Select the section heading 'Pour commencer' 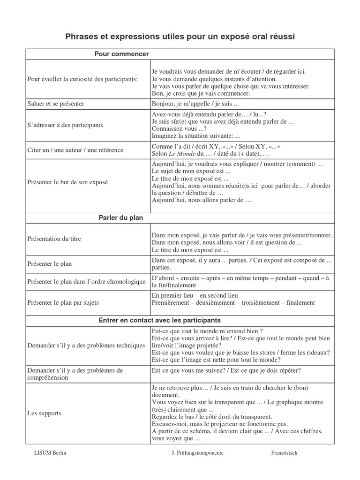(121, 54)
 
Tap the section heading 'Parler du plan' (121, 218)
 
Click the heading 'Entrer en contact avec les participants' (159, 321)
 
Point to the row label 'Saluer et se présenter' (56, 104)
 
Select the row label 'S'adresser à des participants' (65, 125)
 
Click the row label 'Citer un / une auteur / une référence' (75, 150)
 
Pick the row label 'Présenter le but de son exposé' (67, 182)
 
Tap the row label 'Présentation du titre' (54, 239)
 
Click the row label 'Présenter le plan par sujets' (63, 302)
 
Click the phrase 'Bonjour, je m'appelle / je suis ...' (195, 104)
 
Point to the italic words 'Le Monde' (181, 154)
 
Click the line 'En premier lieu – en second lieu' (195, 296)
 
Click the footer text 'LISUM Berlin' (50, 453)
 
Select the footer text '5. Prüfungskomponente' (197, 453)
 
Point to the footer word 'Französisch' (284, 453)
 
